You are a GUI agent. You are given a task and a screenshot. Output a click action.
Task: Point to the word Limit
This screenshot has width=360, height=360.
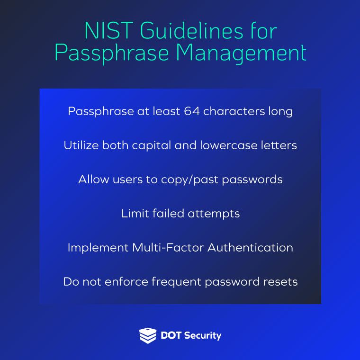[x=135, y=214]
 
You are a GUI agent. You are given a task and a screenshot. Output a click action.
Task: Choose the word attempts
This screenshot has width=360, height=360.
[x=214, y=214]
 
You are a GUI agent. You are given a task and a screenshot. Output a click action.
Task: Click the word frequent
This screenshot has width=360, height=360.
[x=175, y=282]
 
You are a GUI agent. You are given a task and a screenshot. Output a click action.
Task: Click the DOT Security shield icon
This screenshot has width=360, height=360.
[x=147, y=335]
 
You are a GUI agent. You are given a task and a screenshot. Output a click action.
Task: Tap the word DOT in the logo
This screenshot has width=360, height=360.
[x=171, y=335]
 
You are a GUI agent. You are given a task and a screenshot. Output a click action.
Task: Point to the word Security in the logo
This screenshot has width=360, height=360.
[x=202, y=335]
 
